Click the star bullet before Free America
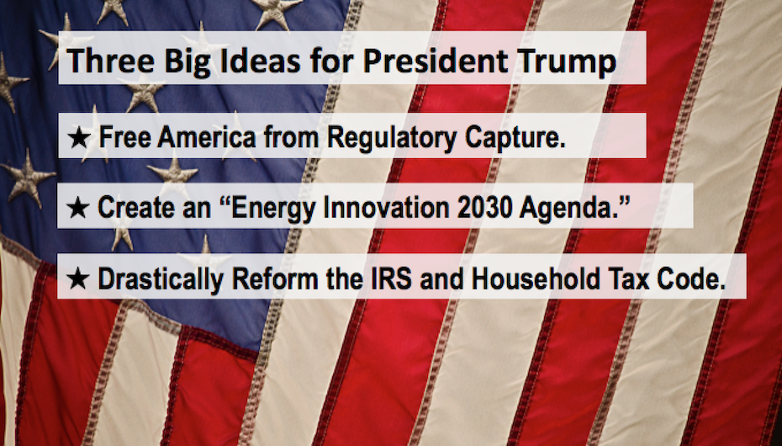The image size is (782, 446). tap(79, 137)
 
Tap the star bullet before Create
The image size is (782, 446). tap(78, 208)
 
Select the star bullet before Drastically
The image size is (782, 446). tap(78, 279)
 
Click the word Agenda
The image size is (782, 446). tap(568, 209)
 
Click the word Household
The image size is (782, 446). tap(536, 279)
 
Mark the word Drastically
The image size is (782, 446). tap(161, 279)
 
